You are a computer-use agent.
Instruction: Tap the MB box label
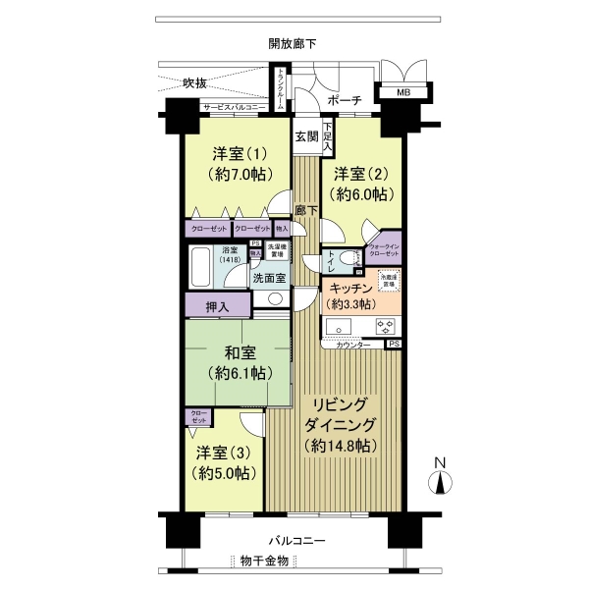(x=403, y=93)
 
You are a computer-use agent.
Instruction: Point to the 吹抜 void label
(x=196, y=83)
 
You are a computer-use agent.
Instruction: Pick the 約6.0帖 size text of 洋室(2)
(x=360, y=194)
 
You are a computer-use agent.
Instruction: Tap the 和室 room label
(x=239, y=352)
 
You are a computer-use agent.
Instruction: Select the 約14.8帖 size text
(x=340, y=446)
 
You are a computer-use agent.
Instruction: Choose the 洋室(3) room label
(x=225, y=453)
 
